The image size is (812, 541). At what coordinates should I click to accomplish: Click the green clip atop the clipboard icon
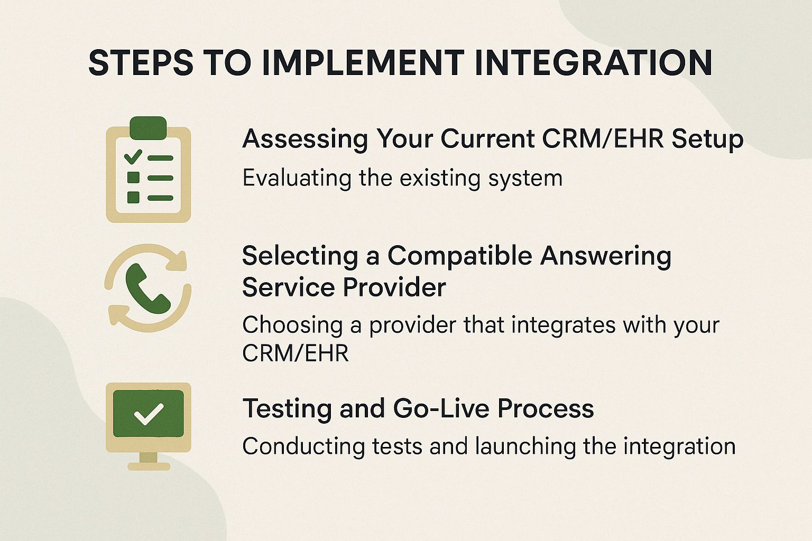pyautogui.click(x=148, y=128)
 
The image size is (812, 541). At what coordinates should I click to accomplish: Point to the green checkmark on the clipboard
pyautogui.click(x=133, y=156)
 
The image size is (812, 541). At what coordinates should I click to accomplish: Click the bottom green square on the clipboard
pyautogui.click(x=133, y=197)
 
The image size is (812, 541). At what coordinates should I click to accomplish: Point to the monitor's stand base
pyautogui.click(x=149, y=466)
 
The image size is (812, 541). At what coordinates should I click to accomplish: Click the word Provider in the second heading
pyautogui.click(x=394, y=287)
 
